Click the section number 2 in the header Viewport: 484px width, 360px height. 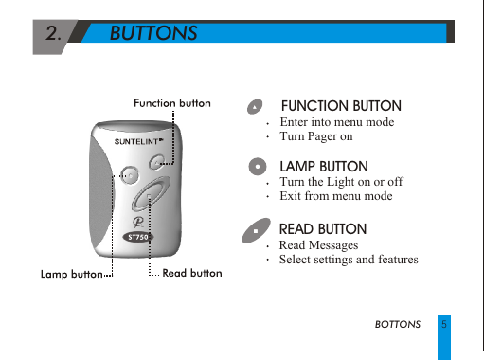click(x=54, y=33)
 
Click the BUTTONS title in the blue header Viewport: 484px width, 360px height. click(x=153, y=33)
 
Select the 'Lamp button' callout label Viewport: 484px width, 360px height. click(x=71, y=274)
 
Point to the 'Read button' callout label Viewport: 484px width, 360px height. click(x=192, y=273)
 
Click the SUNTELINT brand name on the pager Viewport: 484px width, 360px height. click(x=139, y=141)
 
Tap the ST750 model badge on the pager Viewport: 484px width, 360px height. click(x=138, y=237)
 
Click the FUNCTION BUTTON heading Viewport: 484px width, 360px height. click(x=341, y=106)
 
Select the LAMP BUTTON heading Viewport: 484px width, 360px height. click(x=324, y=167)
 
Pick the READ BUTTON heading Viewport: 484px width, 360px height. click(x=323, y=229)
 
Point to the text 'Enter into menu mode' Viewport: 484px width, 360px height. click(x=337, y=122)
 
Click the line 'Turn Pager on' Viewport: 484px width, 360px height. click(x=316, y=137)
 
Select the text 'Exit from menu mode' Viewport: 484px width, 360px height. click(x=336, y=196)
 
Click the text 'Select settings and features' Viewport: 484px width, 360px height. click(x=349, y=260)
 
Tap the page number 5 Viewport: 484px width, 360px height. click(x=444, y=324)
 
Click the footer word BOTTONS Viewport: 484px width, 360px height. click(x=398, y=324)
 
